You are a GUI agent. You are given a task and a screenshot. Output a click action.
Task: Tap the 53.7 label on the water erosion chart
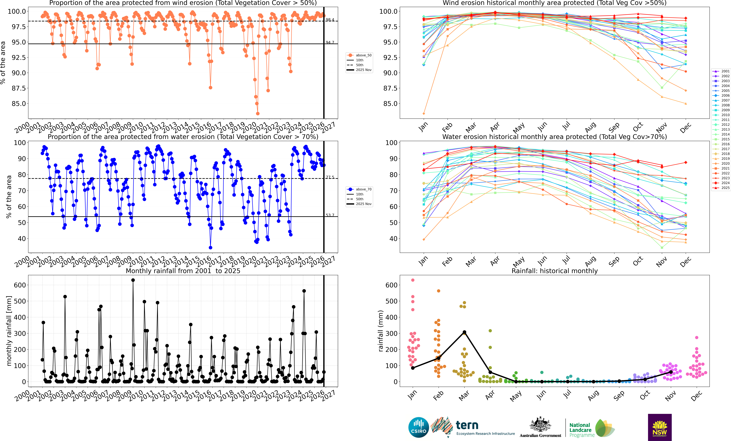coord(330,215)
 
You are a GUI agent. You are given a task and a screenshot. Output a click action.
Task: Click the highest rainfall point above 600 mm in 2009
coord(133,280)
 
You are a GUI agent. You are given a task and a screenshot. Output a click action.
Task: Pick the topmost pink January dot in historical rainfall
coord(413,280)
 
